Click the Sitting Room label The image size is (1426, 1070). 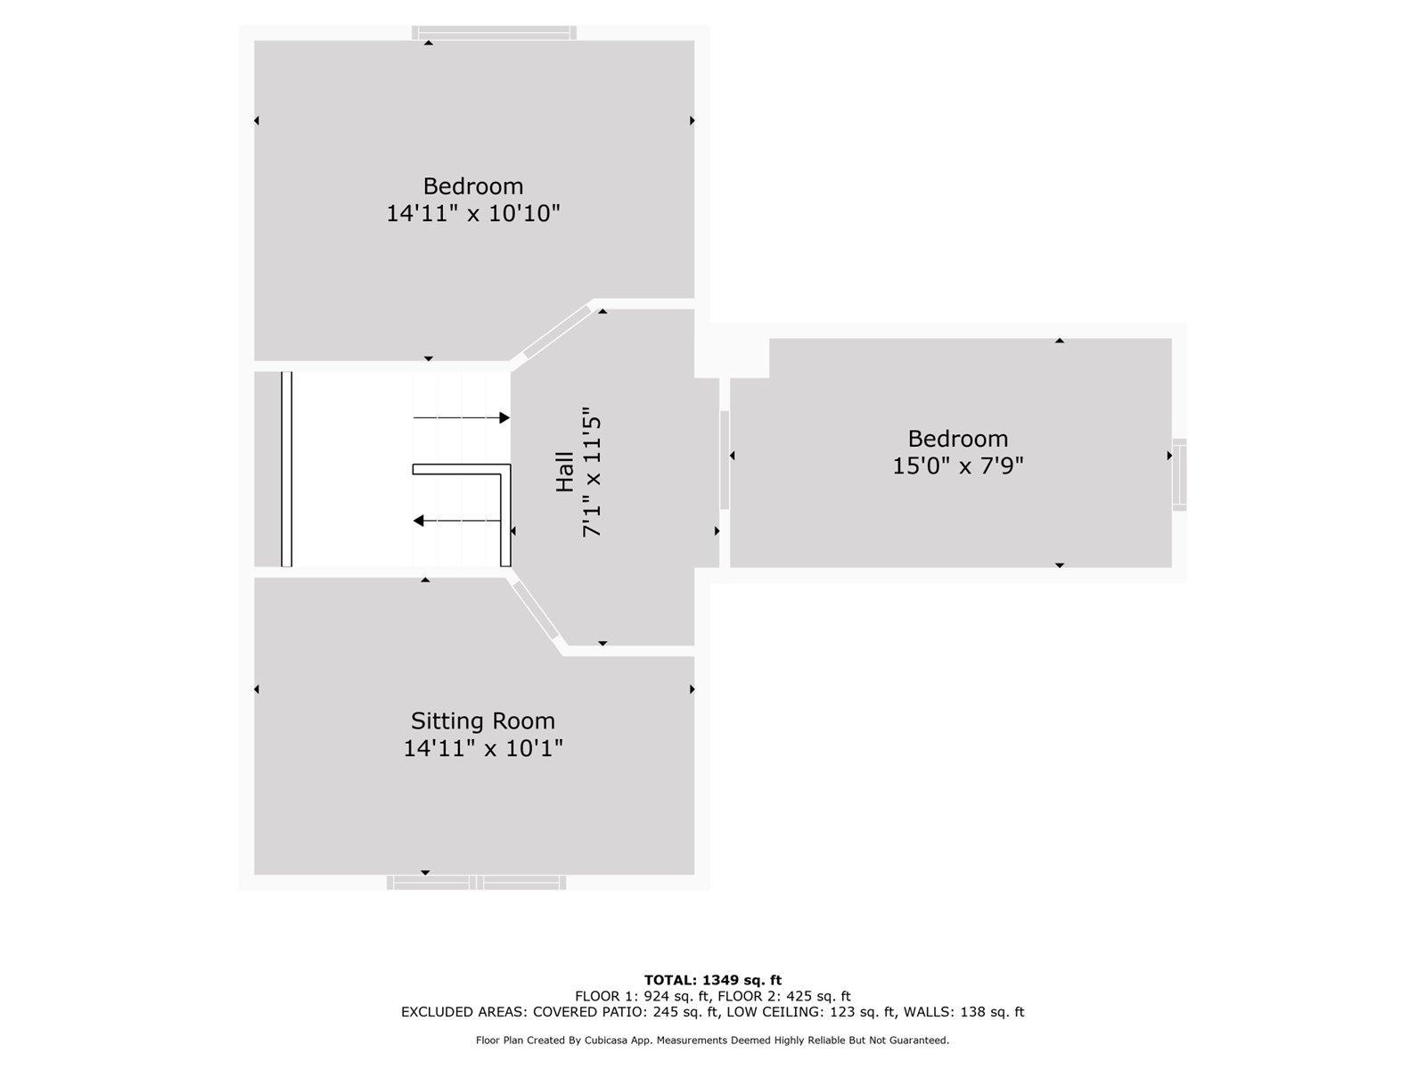coord(483,721)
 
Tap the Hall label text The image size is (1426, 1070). coord(564,472)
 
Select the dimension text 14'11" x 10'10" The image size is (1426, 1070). coord(473,213)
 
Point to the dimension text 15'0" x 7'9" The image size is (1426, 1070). coord(957,465)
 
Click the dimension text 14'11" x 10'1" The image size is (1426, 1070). coord(483,748)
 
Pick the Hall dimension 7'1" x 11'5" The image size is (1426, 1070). coord(592,473)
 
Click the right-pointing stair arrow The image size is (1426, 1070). coord(462,417)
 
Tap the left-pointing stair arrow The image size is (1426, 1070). coord(457,521)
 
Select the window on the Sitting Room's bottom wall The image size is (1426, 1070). coord(476,882)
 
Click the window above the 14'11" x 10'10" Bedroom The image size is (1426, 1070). coord(494,33)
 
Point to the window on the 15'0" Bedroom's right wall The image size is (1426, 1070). coord(1179,475)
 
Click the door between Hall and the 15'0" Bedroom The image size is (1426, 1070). coord(725,460)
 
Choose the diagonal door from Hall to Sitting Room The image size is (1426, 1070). coord(536,610)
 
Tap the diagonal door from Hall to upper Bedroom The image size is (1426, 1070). coord(557,332)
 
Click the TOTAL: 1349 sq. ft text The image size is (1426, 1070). coord(713,980)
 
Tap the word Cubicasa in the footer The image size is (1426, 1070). coord(607,1040)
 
